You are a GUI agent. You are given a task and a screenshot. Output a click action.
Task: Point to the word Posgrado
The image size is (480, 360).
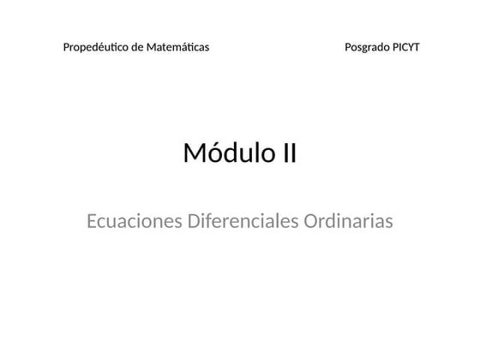point(366,47)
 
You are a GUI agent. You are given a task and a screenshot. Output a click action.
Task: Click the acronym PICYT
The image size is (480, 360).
point(405,47)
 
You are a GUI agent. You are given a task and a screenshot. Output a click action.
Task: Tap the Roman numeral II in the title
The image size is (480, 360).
point(289,153)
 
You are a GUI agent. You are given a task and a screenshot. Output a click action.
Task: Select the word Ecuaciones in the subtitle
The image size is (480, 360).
point(134,221)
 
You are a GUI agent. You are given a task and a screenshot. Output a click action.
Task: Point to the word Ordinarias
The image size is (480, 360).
point(349,221)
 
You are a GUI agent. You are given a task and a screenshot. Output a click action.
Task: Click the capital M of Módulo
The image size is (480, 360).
point(195,154)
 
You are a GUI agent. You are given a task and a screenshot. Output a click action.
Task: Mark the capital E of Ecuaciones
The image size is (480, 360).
point(92,221)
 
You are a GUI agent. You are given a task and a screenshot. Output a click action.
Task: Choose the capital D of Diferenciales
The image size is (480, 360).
point(193,221)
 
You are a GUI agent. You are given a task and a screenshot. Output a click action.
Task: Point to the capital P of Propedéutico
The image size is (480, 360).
point(66,47)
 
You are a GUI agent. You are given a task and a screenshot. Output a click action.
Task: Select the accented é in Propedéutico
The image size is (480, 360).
point(96,47)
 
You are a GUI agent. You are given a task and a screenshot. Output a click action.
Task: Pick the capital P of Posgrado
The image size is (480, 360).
point(347,47)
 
